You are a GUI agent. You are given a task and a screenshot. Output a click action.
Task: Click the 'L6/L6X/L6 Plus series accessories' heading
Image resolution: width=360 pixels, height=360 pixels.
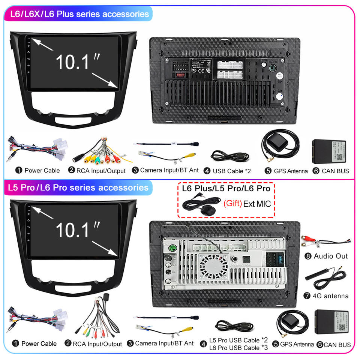[79, 15]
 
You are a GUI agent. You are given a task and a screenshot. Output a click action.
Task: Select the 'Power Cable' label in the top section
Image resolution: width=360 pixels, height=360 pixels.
[42, 171]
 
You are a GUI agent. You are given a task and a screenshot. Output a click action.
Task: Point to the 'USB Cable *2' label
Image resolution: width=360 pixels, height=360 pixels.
[232, 171]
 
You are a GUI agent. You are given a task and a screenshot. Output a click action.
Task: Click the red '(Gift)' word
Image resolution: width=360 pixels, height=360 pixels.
[232, 204]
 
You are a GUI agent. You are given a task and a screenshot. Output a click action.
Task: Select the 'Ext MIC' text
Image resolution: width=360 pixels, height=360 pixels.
[257, 204]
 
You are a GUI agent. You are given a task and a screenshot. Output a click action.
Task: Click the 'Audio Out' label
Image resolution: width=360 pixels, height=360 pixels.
[331, 256]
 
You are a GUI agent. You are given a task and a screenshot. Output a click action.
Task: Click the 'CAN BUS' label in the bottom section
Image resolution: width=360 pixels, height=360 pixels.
[337, 345]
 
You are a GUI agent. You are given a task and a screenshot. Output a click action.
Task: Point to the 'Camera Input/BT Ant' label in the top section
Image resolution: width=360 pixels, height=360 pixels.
[169, 170]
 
